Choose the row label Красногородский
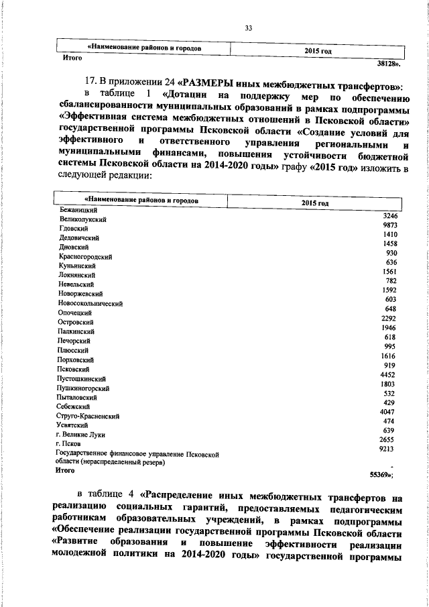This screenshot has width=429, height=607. pyautogui.click(x=85, y=257)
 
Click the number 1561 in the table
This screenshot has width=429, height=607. pyautogui.click(x=390, y=271)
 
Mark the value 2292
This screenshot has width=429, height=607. pyautogui.click(x=389, y=317)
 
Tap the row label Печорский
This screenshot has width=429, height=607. pyautogui.click(x=76, y=341)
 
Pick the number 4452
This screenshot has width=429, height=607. pyautogui.click(x=389, y=374)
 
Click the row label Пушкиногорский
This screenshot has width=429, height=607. pyautogui.click(x=84, y=388)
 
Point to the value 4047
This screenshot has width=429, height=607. pyautogui.click(x=389, y=410)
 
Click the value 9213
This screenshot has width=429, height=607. pyautogui.click(x=389, y=447)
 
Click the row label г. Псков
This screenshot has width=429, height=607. pyautogui.click(x=70, y=444)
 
